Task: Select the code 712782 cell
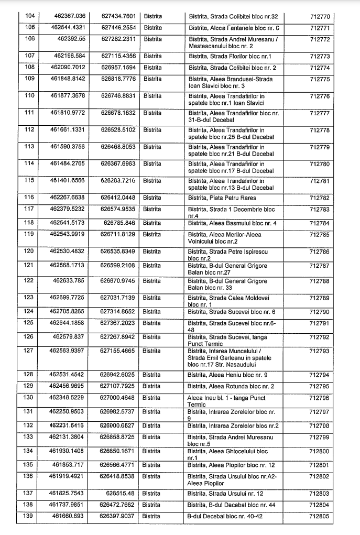pyautogui.click(x=320, y=198)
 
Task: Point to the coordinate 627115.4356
pyautogui.click(x=118, y=56)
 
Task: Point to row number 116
pyautogui.click(x=30, y=198)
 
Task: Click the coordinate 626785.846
pyautogui.click(x=121, y=222)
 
